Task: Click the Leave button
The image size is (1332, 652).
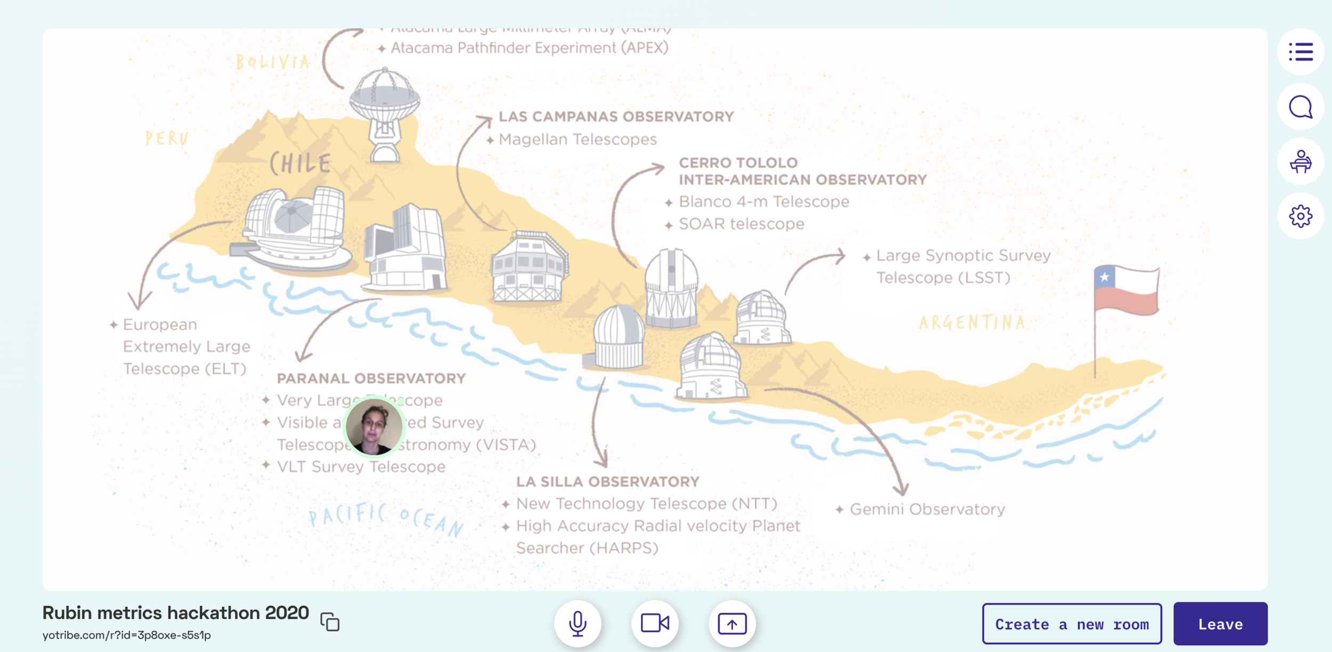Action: pos(1220,624)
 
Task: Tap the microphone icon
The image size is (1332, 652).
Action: pos(578,623)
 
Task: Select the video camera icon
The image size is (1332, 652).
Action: pos(655,623)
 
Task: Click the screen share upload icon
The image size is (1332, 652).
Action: pos(732,623)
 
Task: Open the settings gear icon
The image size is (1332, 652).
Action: pos(1300,216)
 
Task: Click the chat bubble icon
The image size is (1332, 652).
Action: pos(1300,107)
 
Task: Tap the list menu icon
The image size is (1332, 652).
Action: pos(1300,52)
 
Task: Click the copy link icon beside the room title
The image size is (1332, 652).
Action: pos(330,622)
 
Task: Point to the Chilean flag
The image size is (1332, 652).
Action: pos(1126,290)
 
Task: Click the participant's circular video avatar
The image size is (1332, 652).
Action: pos(373,426)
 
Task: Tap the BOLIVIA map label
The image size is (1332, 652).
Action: pos(272,62)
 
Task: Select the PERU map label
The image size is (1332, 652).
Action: pos(167,138)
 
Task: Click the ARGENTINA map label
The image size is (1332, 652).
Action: pos(972,322)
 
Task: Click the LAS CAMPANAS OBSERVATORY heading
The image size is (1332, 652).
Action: pos(616,117)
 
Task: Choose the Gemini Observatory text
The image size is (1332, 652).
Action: pos(927,509)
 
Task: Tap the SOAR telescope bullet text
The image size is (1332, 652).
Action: pos(741,224)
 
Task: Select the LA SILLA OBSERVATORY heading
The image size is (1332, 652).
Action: pos(607,482)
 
